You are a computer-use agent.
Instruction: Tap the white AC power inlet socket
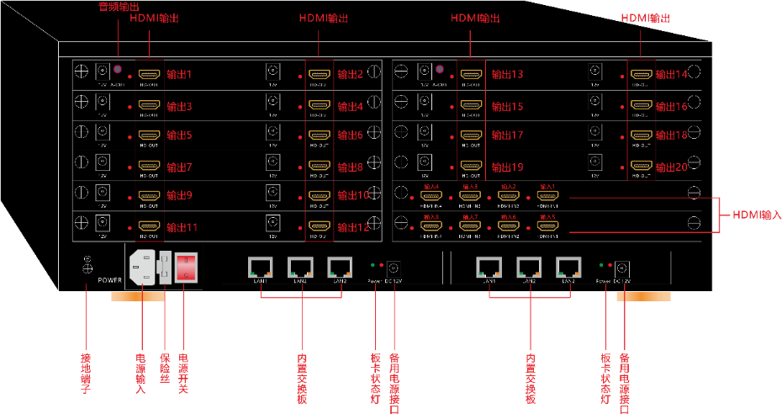(x=142, y=268)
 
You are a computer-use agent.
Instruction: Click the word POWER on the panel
(x=110, y=278)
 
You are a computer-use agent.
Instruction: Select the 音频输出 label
(x=119, y=7)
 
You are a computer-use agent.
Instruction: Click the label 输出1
(x=180, y=75)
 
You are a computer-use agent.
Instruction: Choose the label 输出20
(x=671, y=167)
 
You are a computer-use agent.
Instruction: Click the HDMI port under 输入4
(x=431, y=197)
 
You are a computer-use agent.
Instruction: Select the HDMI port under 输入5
(x=547, y=226)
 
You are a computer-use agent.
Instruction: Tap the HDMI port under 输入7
(x=469, y=226)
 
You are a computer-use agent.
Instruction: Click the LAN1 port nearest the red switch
(x=259, y=267)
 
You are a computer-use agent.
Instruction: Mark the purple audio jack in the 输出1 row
(x=119, y=68)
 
